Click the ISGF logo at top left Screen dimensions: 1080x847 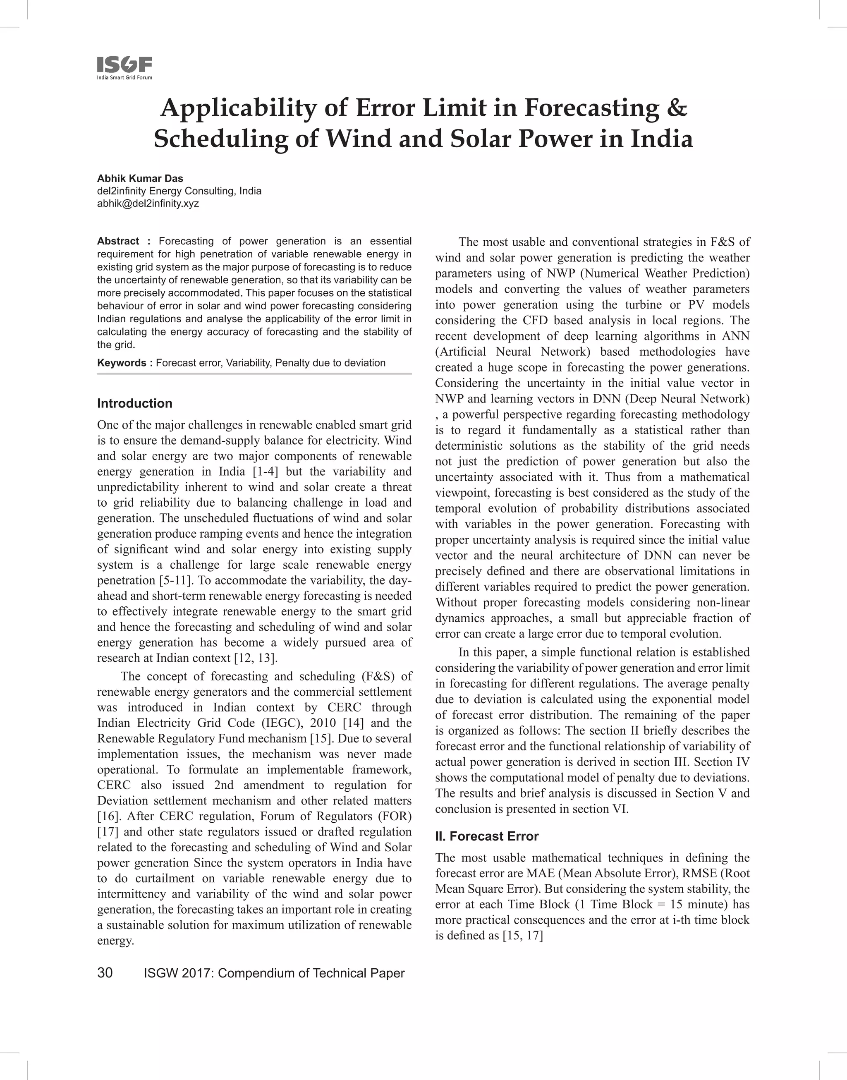point(124,67)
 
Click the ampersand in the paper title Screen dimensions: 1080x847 point(675,108)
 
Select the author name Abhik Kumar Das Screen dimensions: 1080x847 point(140,179)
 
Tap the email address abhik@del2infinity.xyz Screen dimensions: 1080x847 point(148,204)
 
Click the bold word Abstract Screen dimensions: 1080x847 point(118,242)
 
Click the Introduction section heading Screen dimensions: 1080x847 point(134,403)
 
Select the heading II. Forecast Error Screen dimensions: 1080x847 point(486,836)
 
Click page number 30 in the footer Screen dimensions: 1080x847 point(105,973)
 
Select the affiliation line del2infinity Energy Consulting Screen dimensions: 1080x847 point(179,191)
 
